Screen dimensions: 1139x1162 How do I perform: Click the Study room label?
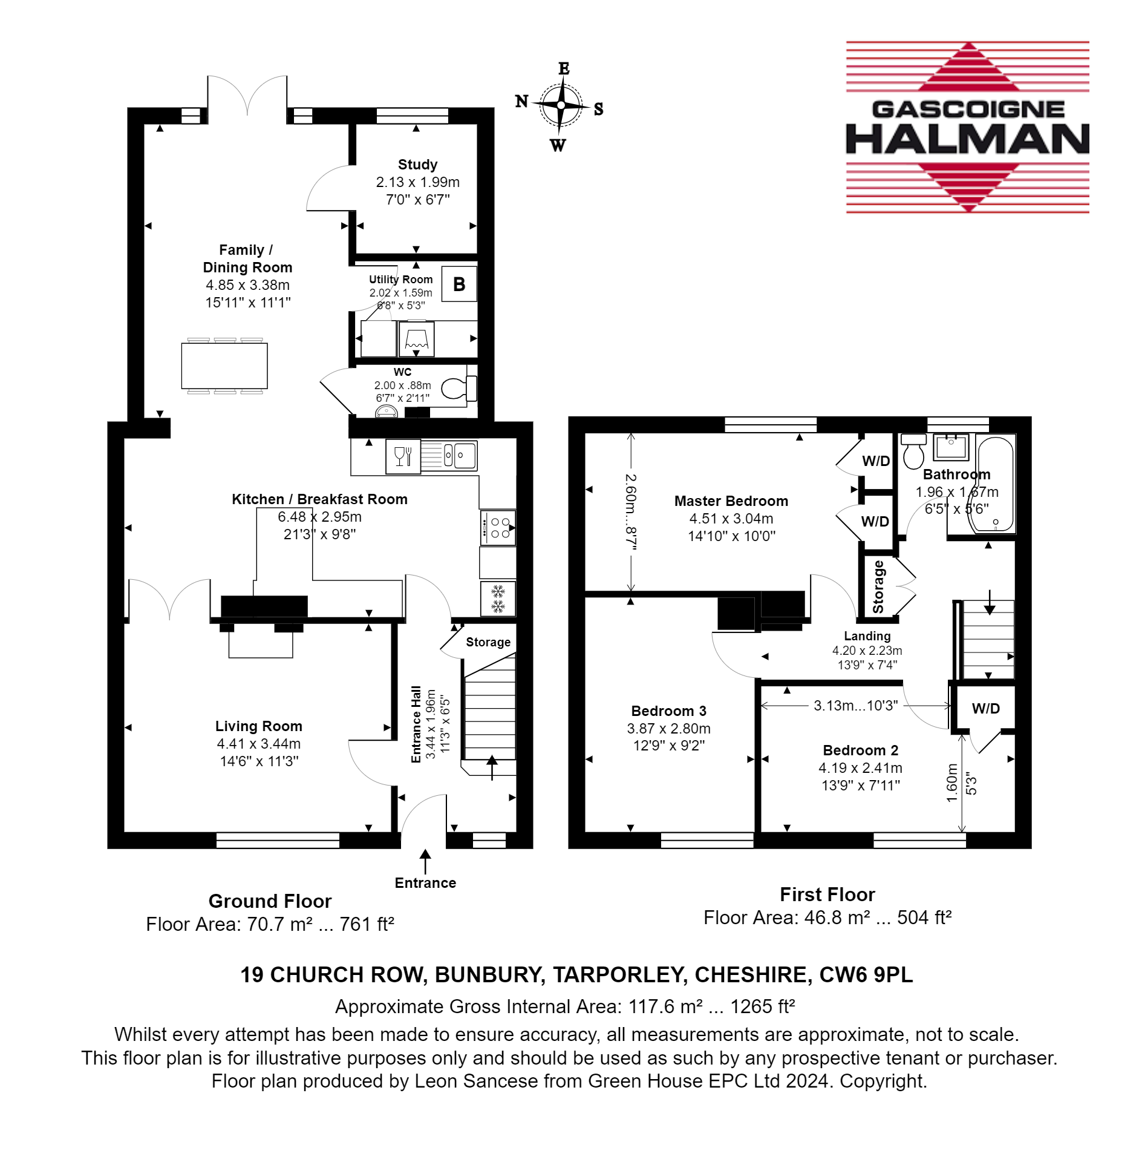(x=417, y=165)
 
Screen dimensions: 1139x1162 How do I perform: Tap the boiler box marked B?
(x=459, y=284)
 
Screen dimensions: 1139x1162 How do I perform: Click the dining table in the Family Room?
(x=224, y=366)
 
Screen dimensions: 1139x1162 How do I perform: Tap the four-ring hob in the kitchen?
(x=498, y=528)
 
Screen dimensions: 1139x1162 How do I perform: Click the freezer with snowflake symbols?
(x=498, y=598)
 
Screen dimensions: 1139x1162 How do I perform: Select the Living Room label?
(x=259, y=726)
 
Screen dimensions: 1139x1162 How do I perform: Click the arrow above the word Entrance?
(x=425, y=861)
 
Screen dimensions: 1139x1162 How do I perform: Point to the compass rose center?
(x=561, y=105)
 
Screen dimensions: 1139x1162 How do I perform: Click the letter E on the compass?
(x=564, y=68)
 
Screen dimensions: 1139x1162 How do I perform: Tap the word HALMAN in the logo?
(x=967, y=139)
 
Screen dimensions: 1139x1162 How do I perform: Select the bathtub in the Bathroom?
(x=996, y=484)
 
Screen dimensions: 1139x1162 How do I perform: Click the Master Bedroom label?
(x=731, y=501)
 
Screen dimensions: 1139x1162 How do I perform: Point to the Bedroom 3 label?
(x=668, y=711)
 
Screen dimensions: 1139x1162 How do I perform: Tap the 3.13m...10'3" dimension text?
(x=855, y=706)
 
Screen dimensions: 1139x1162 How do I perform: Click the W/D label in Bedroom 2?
(x=986, y=709)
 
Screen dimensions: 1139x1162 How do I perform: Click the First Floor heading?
(x=827, y=894)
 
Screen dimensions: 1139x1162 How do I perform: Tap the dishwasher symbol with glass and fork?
(x=403, y=456)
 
